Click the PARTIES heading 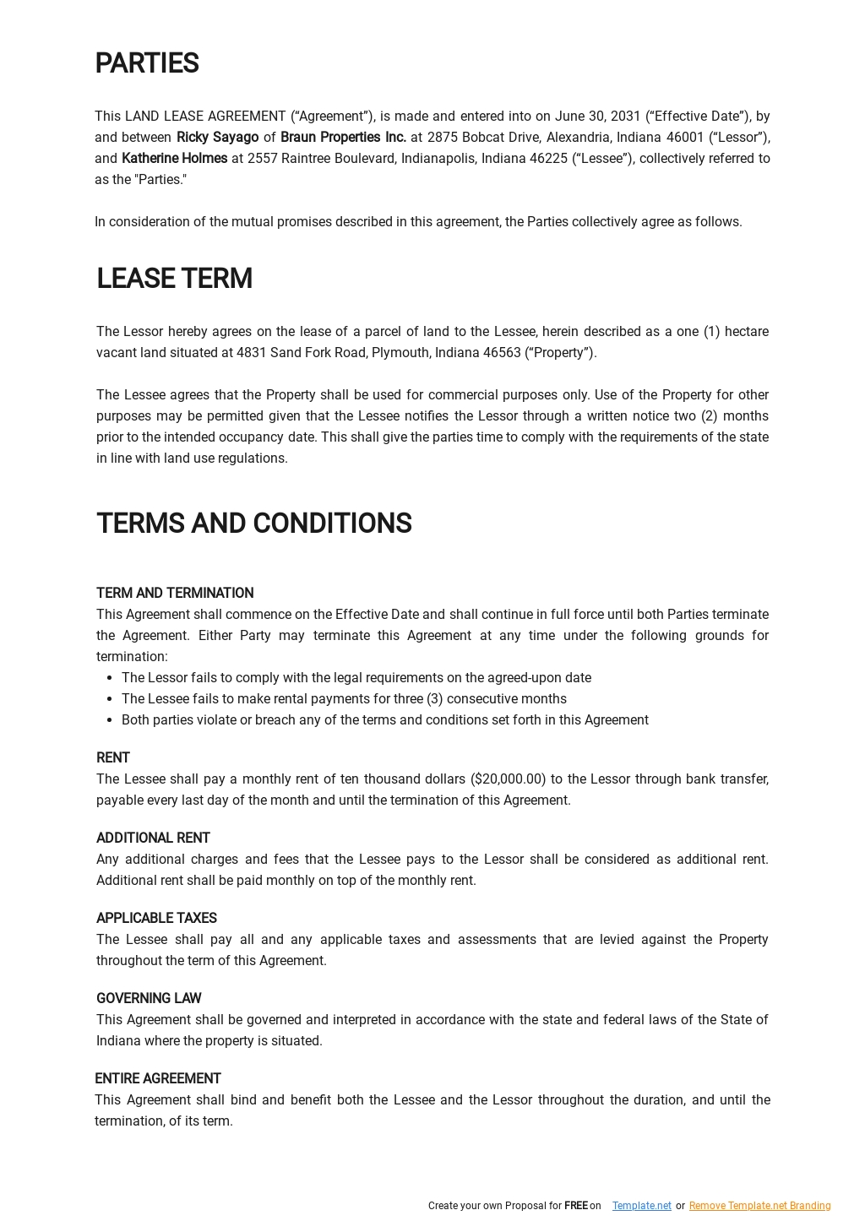point(146,64)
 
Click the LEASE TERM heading point(174,279)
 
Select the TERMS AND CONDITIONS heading point(253,524)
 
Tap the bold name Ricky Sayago point(217,138)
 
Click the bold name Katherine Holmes point(174,159)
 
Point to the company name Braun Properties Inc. point(343,138)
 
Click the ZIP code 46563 point(502,353)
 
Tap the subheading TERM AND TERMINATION point(175,594)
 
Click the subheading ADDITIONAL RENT point(153,838)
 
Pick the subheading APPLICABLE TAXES point(156,919)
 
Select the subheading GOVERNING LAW point(149,999)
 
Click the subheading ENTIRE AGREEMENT point(157,1079)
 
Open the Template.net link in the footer point(641,1206)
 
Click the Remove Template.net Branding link point(759,1206)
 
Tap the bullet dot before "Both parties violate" point(110,720)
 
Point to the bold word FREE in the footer point(575,1206)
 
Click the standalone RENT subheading point(113,758)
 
